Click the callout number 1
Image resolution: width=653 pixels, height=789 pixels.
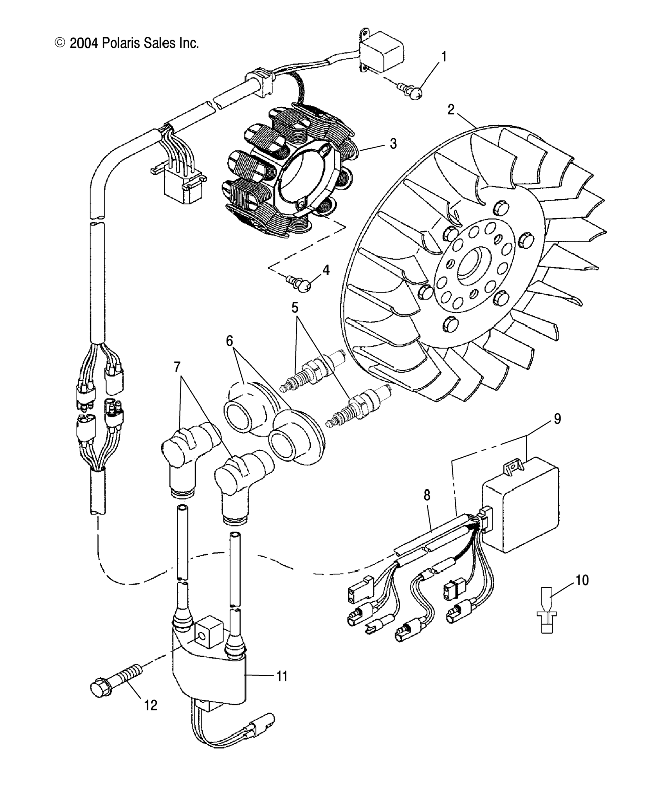[x=444, y=57]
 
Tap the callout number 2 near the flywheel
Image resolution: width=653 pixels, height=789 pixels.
[x=451, y=110]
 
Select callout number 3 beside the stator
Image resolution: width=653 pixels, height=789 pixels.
[x=393, y=143]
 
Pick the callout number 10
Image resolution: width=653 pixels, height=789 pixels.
[x=582, y=580]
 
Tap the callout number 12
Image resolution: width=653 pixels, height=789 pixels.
[x=151, y=705]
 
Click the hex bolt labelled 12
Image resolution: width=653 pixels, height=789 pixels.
[x=113, y=686]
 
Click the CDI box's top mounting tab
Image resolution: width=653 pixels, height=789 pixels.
[x=513, y=466]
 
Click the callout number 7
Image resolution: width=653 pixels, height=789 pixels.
[x=177, y=367]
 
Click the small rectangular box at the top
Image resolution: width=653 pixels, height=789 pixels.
[x=382, y=54]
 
